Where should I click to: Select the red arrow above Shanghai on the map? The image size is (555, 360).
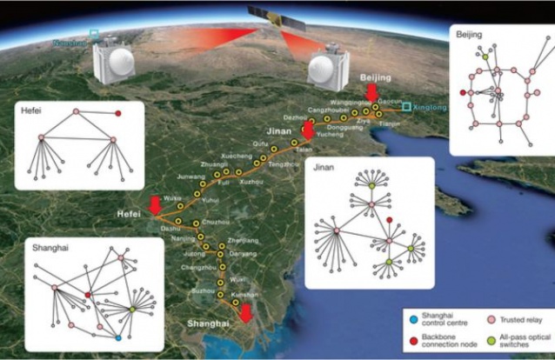coord(247,312)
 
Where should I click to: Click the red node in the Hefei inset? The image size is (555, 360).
coord(117,113)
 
